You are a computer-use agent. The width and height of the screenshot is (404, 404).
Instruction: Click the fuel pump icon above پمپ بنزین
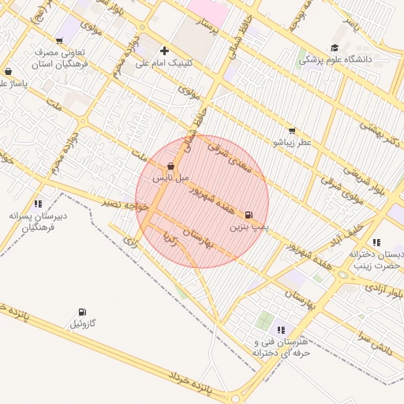249,215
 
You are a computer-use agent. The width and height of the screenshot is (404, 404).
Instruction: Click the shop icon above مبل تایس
170,166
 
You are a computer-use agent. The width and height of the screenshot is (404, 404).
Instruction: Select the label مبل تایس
171,178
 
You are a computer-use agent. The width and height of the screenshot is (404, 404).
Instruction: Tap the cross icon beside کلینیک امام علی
164,50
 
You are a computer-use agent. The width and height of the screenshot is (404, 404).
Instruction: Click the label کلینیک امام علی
168,62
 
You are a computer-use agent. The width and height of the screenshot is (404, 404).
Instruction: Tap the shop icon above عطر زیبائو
292,131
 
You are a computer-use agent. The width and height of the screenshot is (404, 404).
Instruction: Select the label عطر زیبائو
292,143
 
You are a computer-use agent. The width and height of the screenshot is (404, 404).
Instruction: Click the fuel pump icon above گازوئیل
82,312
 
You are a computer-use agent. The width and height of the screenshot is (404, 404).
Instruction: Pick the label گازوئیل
82,324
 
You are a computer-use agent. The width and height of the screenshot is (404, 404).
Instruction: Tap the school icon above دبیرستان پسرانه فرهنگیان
38,204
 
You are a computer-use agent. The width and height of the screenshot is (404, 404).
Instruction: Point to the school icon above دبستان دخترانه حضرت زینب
376,242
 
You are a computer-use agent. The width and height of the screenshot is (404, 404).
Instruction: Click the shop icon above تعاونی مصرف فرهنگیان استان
59,41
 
